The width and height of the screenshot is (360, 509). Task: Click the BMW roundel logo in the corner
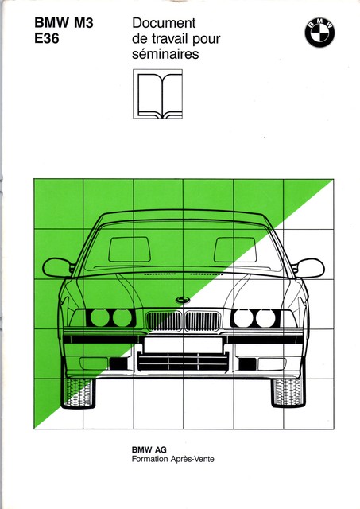(319, 33)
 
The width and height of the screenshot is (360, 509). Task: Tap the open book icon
(157, 94)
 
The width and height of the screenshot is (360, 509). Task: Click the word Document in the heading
(164, 23)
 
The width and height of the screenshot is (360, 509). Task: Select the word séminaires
(165, 54)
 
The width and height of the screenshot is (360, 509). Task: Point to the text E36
(47, 39)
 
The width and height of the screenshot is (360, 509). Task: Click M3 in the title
(83, 23)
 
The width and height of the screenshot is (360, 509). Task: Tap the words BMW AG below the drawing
(149, 449)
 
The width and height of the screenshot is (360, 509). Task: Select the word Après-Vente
(195, 459)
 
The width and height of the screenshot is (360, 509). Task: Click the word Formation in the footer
(154, 459)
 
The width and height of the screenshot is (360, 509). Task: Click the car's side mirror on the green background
(58, 267)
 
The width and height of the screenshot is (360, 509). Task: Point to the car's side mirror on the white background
(308, 268)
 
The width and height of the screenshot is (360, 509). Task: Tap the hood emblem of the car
(183, 300)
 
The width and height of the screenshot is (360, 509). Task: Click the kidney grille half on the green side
(164, 321)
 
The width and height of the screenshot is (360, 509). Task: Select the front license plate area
(184, 344)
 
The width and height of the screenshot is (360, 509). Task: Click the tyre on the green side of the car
(79, 393)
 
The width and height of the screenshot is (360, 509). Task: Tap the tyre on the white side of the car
(288, 393)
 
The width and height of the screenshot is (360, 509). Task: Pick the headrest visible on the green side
(130, 249)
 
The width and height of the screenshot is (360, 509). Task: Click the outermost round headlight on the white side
(265, 318)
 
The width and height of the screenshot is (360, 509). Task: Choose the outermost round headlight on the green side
(100, 317)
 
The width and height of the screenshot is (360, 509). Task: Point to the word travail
(169, 39)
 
